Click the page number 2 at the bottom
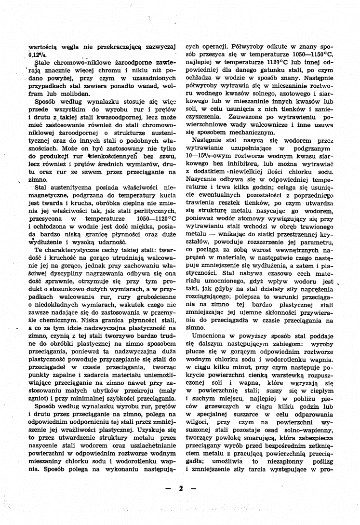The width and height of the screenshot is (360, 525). pos(180,489)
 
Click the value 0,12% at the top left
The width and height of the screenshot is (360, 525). pos(38,55)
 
